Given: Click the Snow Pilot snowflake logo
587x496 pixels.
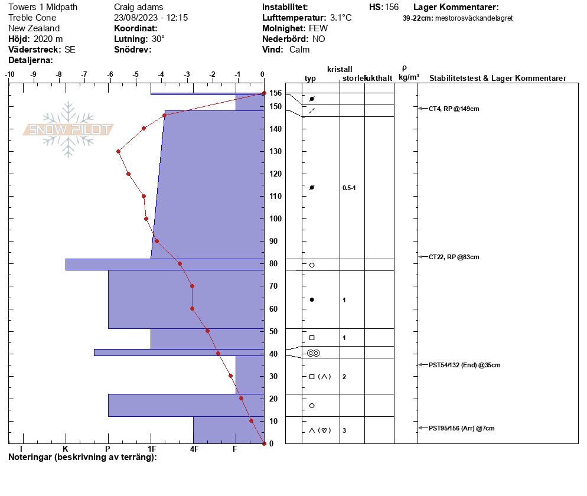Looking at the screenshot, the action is pyautogui.click(x=68, y=129).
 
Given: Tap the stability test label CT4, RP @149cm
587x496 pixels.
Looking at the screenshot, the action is pyautogui.click(x=454, y=109).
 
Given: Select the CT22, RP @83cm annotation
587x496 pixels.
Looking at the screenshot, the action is pyautogui.click(x=454, y=257).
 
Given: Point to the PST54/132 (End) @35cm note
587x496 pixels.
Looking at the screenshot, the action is pyautogui.click(x=464, y=366).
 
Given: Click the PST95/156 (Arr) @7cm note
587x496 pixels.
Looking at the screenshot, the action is pyautogui.click(x=461, y=428).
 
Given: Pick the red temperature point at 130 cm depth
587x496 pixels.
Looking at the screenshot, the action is pyautogui.click(x=118, y=152).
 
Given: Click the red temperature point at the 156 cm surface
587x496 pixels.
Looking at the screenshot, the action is pyautogui.click(x=264, y=93).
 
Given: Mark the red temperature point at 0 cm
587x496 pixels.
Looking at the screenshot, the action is pyautogui.click(x=264, y=443).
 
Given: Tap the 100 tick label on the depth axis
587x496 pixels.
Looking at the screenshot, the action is pyautogui.click(x=276, y=218).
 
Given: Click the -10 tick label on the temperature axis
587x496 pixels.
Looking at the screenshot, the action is pyautogui.click(x=9, y=74).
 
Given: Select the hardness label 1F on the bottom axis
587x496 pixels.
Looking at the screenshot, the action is pyautogui.click(x=152, y=449).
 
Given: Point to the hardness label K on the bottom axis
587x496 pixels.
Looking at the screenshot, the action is pyautogui.click(x=66, y=449).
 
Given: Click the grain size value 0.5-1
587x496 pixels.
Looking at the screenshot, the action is pyautogui.click(x=349, y=188).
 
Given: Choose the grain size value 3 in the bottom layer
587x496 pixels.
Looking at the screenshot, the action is pyautogui.click(x=344, y=430).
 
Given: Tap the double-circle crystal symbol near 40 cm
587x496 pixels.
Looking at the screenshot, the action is pyautogui.click(x=314, y=353).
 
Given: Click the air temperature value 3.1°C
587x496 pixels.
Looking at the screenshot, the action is pyautogui.click(x=340, y=18).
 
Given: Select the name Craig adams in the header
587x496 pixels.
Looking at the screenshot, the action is pyautogui.click(x=139, y=7).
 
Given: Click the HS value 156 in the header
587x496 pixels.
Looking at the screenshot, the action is pyautogui.click(x=392, y=7).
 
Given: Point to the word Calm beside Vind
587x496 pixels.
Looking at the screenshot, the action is pyautogui.click(x=299, y=50).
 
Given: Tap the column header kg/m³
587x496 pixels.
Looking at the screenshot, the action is pyautogui.click(x=409, y=77).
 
